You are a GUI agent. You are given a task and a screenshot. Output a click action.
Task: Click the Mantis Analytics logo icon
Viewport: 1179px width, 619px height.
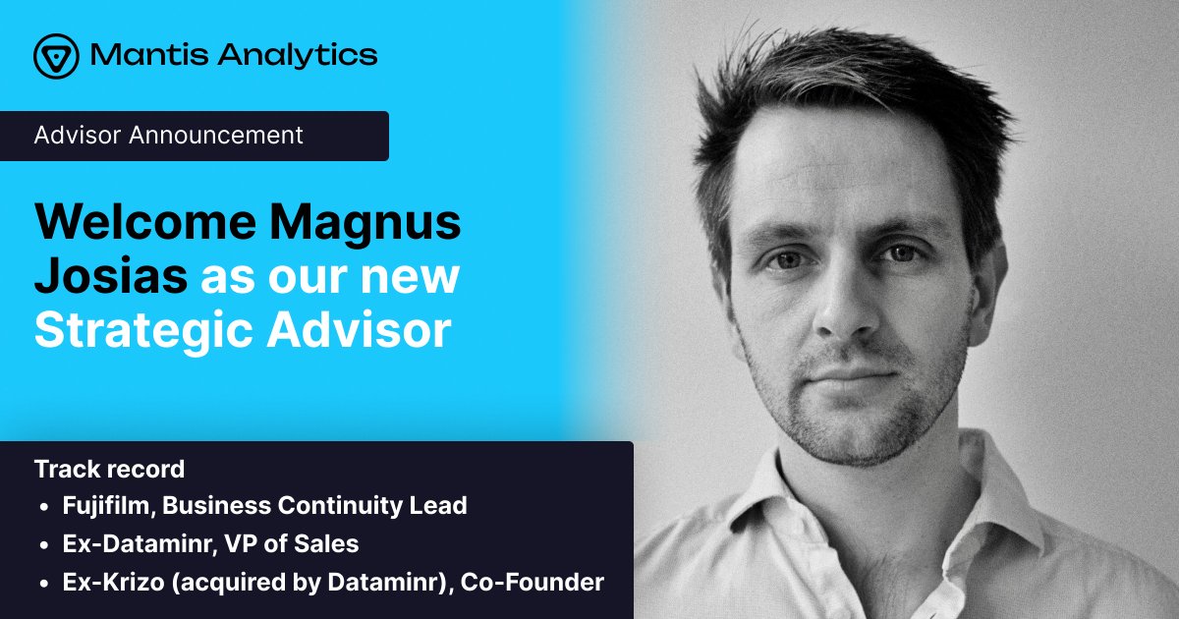(x=55, y=55)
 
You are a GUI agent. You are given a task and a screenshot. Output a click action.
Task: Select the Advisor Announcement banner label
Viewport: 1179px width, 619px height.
(x=169, y=136)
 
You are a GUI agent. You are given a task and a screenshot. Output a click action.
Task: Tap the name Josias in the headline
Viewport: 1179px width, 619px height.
(x=111, y=277)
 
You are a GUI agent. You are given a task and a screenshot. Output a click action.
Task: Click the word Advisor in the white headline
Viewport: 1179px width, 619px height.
(x=359, y=331)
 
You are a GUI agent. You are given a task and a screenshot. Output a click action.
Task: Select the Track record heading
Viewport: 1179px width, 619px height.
(x=109, y=469)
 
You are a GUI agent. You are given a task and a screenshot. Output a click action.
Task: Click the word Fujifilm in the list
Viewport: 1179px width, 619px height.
(x=107, y=506)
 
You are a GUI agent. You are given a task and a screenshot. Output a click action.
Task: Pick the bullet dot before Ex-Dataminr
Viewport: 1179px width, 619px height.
(x=44, y=544)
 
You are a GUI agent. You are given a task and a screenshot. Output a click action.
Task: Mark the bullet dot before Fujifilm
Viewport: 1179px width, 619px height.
(x=44, y=507)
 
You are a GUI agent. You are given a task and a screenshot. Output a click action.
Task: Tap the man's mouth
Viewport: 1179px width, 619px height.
(x=843, y=376)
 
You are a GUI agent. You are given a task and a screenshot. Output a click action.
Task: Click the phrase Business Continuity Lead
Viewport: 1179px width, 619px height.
(x=314, y=506)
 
